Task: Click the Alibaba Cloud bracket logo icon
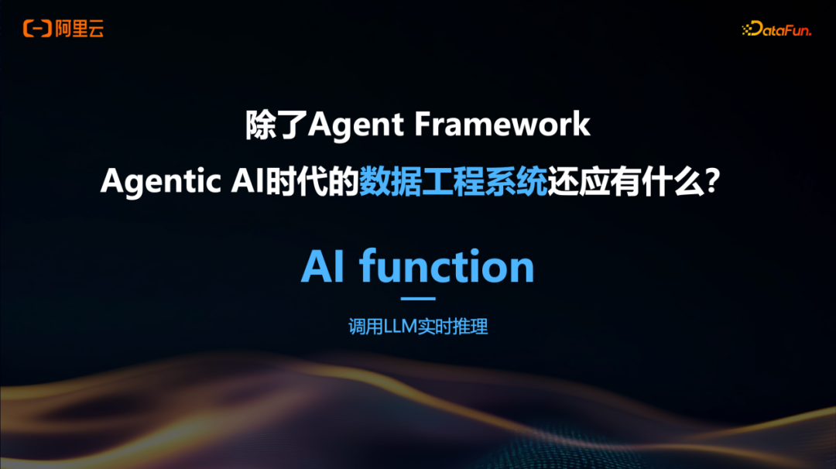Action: click(36, 29)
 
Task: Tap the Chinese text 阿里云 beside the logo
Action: click(79, 29)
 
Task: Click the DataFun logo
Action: click(776, 29)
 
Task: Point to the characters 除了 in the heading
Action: click(276, 125)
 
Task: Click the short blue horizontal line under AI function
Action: click(418, 298)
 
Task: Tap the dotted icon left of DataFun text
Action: click(749, 29)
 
